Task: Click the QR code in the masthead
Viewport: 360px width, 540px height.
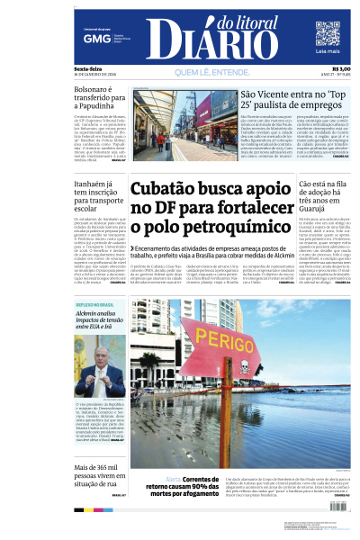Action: point(328,33)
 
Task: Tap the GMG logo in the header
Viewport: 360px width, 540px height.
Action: point(91,40)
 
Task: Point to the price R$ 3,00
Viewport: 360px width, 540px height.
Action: point(341,68)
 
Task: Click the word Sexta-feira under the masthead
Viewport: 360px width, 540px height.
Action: point(87,68)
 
